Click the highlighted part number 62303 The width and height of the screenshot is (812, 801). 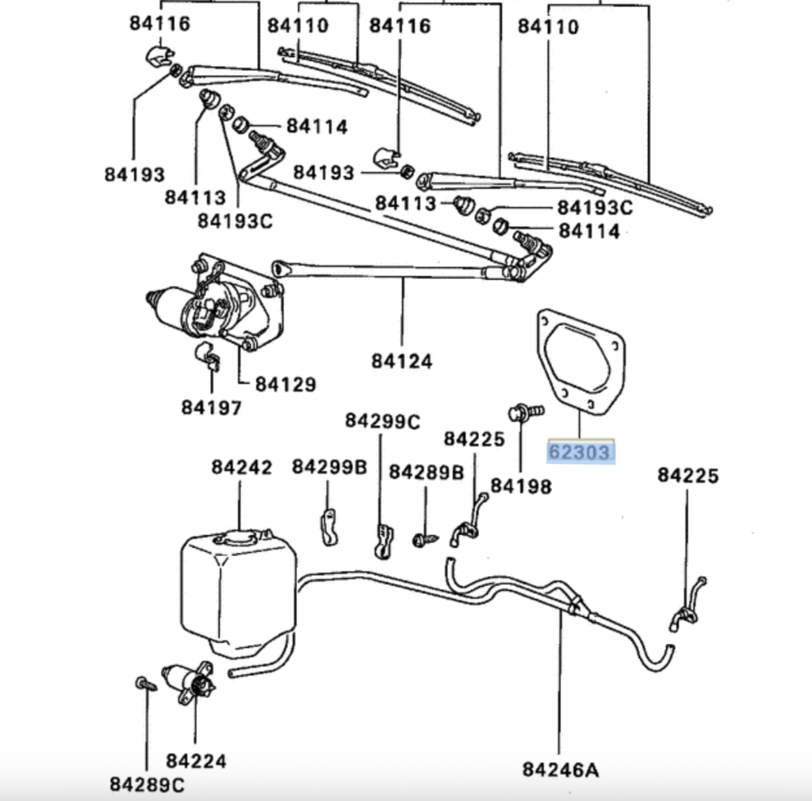(x=580, y=452)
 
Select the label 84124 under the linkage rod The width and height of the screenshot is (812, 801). (x=402, y=362)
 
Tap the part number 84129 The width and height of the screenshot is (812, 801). (x=285, y=385)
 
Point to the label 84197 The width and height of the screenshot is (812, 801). (x=211, y=408)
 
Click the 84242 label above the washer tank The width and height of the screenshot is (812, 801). (x=241, y=467)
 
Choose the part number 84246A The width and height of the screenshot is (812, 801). (x=559, y=768)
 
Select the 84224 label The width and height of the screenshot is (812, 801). (x=196, y=761)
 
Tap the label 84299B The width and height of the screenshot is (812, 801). (x=329, y=467)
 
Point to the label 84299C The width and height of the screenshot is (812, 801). (x=382, y=420)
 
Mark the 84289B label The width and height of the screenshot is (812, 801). (x=426, y=472)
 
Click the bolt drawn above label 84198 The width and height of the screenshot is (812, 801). (x=524, y=412)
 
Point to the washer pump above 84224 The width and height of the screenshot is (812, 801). (x=190, y=680)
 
